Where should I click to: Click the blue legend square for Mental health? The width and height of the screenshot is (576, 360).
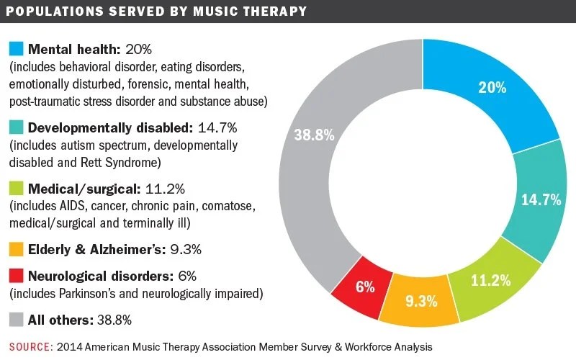(x=16, y=50)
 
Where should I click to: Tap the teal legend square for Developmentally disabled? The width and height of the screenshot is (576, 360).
(x=16, y=127)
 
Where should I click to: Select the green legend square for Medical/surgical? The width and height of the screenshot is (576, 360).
(x=16, y=189)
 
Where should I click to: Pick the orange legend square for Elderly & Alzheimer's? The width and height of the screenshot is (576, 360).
(x=16, y=251)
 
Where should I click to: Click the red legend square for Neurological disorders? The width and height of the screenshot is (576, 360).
(x=16, y=276)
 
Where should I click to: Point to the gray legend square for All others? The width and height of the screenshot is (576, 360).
(x=16, y=319)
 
